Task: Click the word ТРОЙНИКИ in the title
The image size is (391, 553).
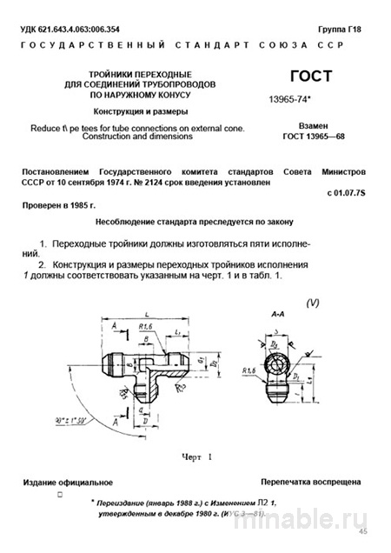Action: [x=96, y=76]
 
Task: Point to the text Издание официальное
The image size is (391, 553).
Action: [x=68, y=480]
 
